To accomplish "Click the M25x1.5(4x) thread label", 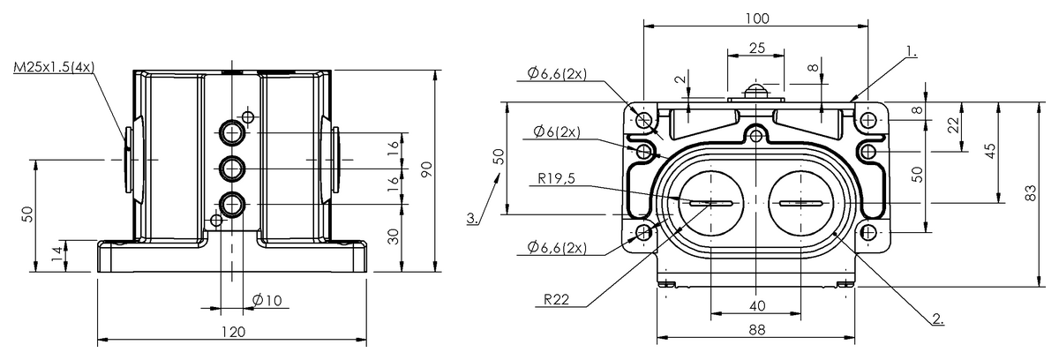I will pos(55,67).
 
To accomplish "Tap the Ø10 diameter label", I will pos(266,301).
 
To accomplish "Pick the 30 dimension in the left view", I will pos(394,236).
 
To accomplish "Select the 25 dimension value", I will pos(756,49).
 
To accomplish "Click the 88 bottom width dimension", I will pos(756,329).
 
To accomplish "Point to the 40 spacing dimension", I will pos(756,305).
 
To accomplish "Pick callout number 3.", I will pos(474,217).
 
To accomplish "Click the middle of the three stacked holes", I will pos(233,167).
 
